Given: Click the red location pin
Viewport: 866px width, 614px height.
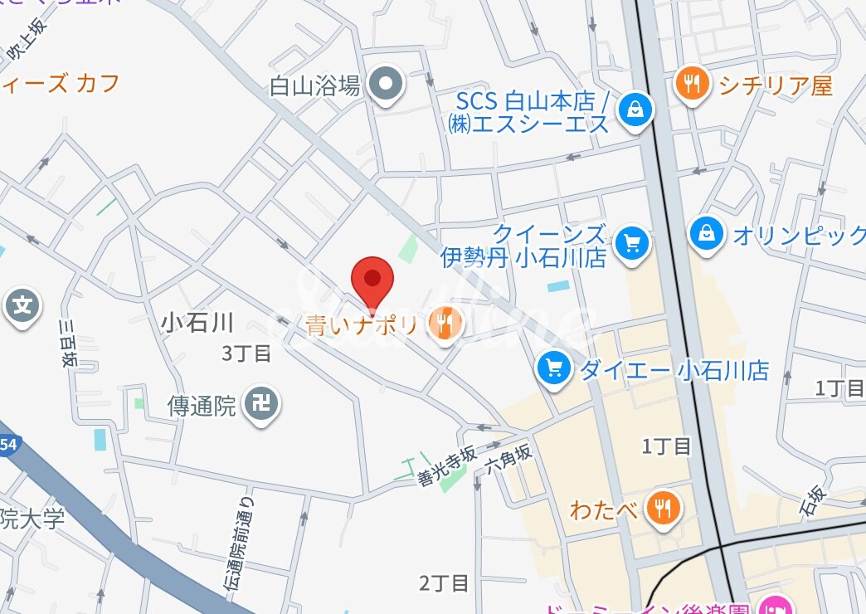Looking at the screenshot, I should tap(372, 280).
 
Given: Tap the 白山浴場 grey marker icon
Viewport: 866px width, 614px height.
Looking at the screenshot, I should tap(386, 84).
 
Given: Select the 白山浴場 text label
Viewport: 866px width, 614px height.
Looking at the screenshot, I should tap(315, 85).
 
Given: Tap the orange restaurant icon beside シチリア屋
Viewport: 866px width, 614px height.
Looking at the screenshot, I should tap(691, 83).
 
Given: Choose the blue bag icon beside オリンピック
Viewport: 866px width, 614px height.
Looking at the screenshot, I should tap(707, 233).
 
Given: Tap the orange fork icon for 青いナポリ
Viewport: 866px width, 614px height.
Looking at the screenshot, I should tap(445, 322).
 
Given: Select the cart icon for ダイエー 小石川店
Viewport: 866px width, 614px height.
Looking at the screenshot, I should tap(553, 368).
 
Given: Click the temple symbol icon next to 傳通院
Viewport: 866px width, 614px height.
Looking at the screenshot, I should tap(261, 405).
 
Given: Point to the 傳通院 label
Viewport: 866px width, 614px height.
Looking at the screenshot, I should tap(202, 406).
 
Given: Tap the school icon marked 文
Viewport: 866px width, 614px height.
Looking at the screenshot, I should tap(23, 306).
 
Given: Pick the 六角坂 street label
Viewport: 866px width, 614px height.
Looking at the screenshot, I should tap(508, 464).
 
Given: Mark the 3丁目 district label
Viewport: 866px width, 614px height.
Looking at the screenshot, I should tap(246, 353).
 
